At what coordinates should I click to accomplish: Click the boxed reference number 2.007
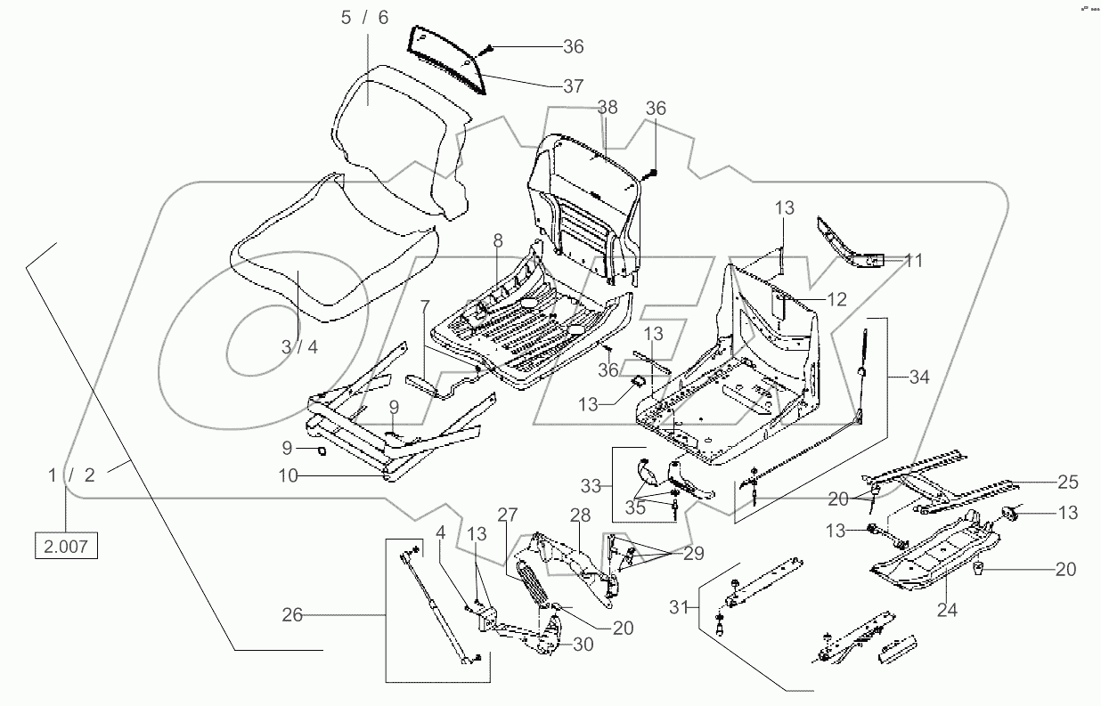point(66,546)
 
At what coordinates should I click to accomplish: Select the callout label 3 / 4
point(298,347)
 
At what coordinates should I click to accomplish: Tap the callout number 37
point(573,86)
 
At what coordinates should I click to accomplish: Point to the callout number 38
point(607,108)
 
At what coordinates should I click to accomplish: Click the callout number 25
point(1067,483)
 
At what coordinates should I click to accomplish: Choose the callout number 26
point(292,614)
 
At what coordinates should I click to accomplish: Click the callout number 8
point(497,239)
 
